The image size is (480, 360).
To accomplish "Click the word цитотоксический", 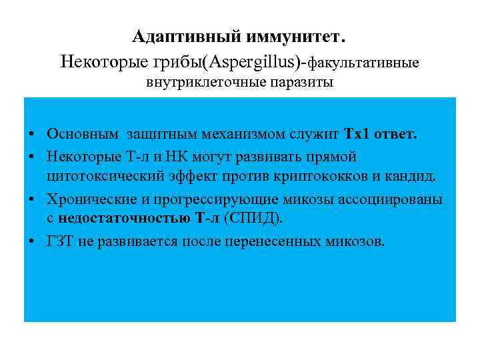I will point(98,177).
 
